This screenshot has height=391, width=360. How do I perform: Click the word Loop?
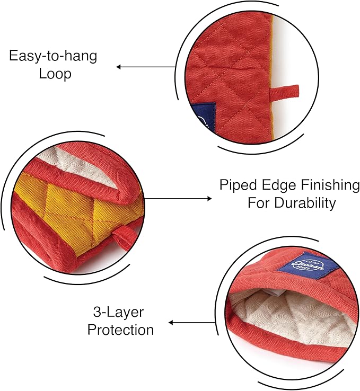(x=55, y=74)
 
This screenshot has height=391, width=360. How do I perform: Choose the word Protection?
(x=121, y=330)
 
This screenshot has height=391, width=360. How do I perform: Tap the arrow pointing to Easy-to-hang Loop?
(x=146, y=67)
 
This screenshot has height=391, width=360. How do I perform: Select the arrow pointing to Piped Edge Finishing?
(x=178, y=199)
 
